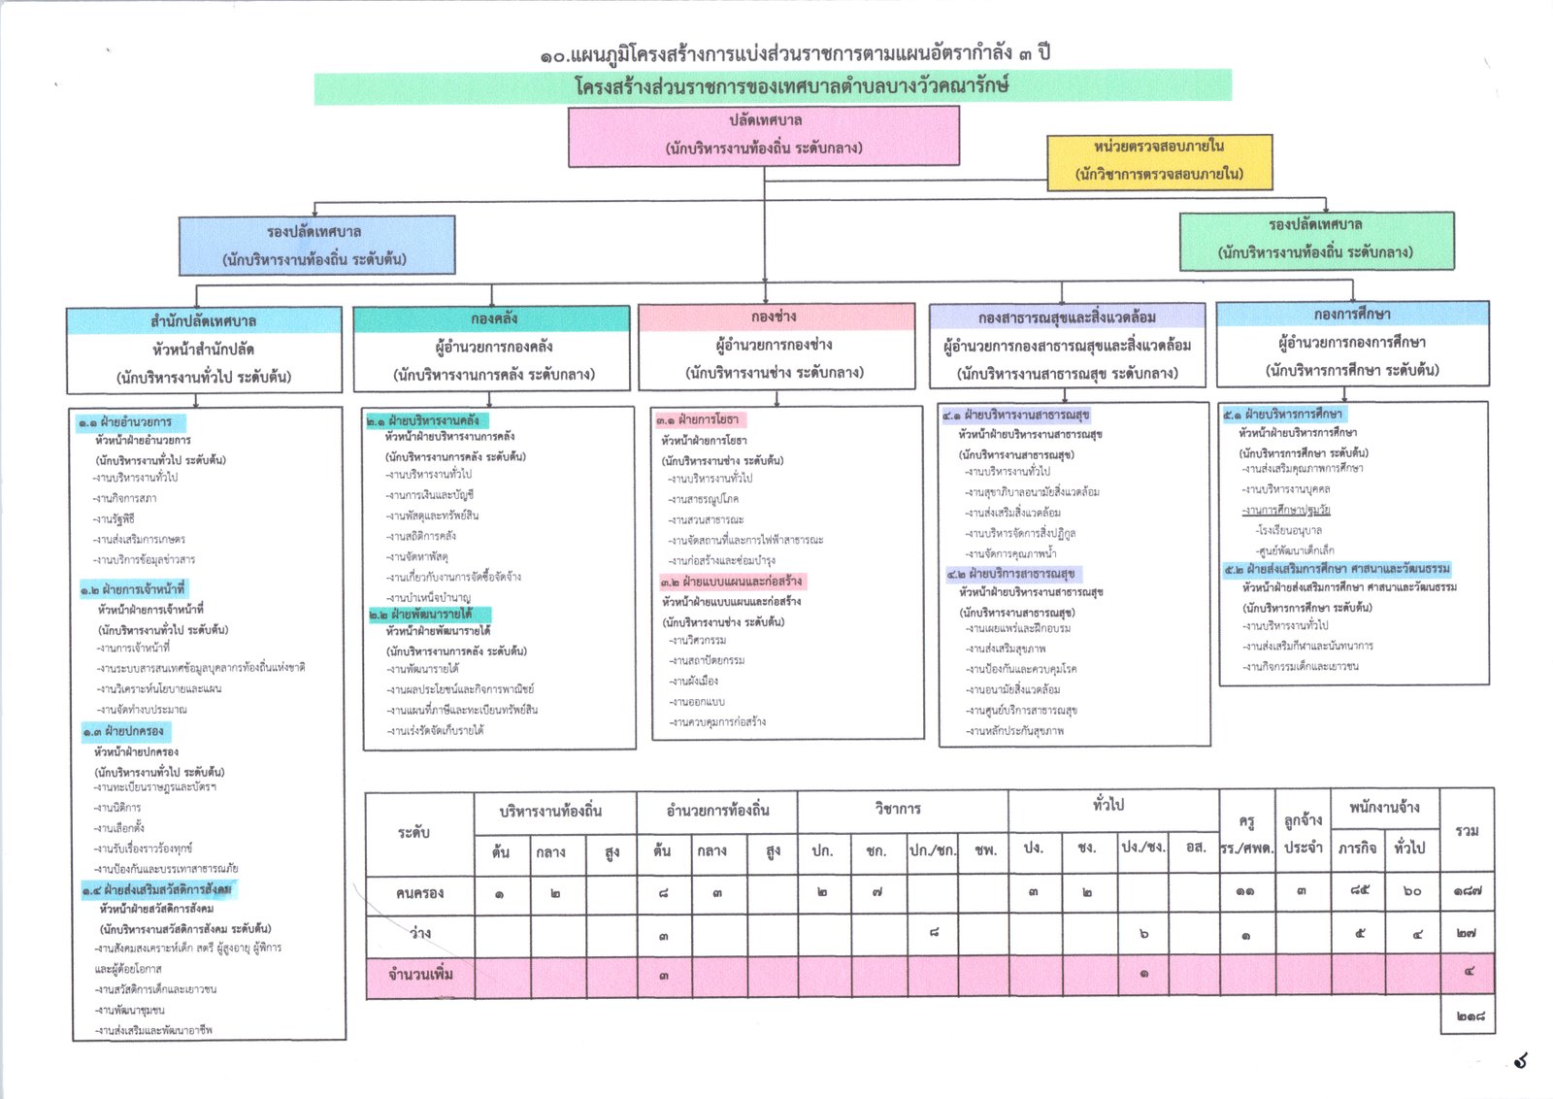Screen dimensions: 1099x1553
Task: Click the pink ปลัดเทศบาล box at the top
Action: click(764, 135)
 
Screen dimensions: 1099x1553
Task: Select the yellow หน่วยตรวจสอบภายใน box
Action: click(1159, 161)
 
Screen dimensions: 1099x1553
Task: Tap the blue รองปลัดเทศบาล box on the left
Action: click(315, 246)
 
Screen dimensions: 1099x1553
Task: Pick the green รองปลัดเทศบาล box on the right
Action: click(1316, 240)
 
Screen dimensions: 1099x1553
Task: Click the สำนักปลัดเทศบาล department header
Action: click(204, 321)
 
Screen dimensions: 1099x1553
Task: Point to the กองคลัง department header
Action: click(492, 319)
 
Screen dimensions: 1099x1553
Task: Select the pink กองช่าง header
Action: click(775, 317)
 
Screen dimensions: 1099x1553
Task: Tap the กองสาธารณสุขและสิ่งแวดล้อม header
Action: click(1067, 317)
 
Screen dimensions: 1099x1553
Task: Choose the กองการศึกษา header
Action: click(1352, 315)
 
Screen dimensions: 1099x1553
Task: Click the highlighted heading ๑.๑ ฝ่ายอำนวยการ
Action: click(132, 422)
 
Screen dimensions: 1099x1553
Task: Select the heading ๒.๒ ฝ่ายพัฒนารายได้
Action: click(429, 615)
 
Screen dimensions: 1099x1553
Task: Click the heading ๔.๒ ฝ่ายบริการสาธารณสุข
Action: click(1012, 574)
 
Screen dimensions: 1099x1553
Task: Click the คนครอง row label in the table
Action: click(419, 893)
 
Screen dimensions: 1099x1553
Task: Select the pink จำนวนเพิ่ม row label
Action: click(419, 975)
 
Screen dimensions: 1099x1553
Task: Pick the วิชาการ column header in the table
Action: click(898, 809)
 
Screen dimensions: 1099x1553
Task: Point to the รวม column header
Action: click(1467, 831)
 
